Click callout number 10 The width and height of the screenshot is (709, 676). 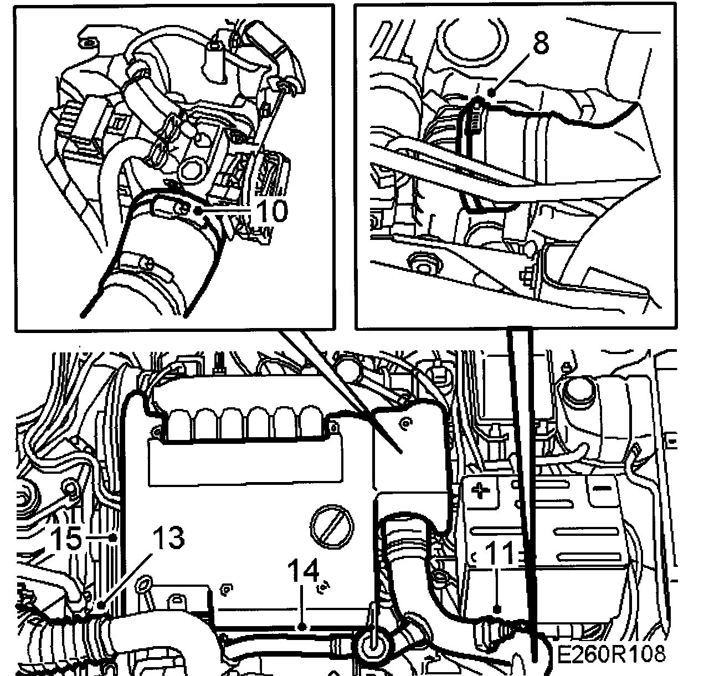click(273, 211)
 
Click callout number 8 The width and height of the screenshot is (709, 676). click(541, 43)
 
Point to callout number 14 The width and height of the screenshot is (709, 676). click(304, 571)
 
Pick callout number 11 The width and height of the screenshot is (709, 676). click(499, 554)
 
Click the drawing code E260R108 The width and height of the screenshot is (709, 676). click(611, 654)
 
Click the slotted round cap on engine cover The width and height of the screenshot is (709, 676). click(332, 528)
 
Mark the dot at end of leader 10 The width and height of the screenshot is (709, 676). click(198, 211)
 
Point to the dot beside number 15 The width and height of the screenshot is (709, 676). click(113, 537)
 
